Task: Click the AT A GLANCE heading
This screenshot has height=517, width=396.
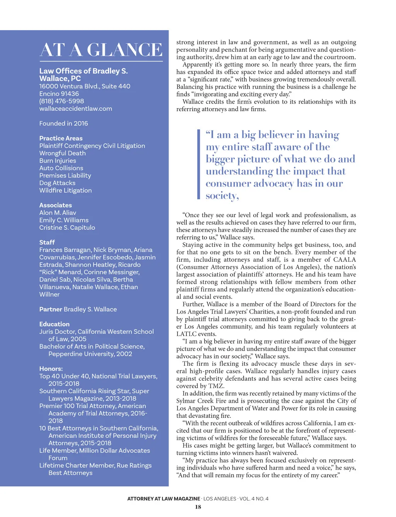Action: click(101, 50)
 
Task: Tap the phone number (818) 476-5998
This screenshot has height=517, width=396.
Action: click(61, 101)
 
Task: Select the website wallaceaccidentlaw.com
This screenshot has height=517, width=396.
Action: click(75, 108)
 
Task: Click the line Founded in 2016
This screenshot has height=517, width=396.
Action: click(63, 124)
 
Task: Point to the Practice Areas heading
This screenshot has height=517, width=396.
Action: click(61, 138)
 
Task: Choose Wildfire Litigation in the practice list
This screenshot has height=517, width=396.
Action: click(65, 190)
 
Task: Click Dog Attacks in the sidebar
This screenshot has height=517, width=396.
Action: click(57, 183)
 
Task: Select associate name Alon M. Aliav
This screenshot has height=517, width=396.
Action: click(58, 213)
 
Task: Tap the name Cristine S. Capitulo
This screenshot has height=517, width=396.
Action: click(67, 227)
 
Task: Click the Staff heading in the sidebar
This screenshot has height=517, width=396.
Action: click(47, 242)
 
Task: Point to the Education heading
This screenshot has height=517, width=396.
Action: click(54, 324)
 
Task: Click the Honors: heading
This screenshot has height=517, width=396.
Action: click(51, 369)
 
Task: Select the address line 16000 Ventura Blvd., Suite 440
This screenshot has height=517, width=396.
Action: click(85, 86)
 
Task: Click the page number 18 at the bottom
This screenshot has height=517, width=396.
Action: click(198, 507)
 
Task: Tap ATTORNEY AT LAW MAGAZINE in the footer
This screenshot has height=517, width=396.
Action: click(164, 499)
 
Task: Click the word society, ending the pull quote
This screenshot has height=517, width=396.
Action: click(222, 196)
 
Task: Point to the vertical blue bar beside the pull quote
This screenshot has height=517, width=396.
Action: click(198, 164)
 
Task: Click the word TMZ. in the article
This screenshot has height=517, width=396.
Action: click(217, 386)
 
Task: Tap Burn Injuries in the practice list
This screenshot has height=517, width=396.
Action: click(58, 161)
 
